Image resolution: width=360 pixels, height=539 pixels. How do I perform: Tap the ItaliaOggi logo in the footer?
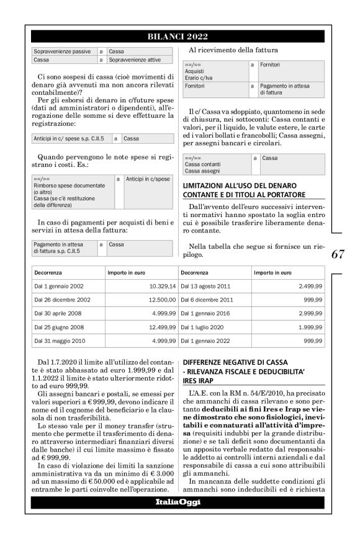pos(178,502)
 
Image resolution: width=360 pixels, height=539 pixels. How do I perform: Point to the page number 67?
pos(338,254)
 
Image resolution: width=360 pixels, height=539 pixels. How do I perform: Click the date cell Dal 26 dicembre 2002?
pos(63,300)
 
